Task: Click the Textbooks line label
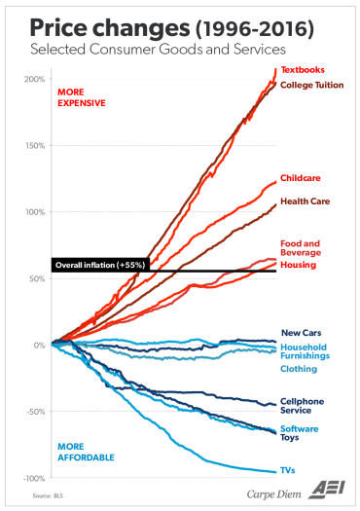303,70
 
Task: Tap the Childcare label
301,179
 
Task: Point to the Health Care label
303,201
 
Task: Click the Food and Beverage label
300,248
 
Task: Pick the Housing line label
296,264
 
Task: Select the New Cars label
300,333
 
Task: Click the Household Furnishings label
305,351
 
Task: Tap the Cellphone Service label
302,405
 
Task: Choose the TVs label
288,470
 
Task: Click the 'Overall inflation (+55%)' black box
98,264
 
